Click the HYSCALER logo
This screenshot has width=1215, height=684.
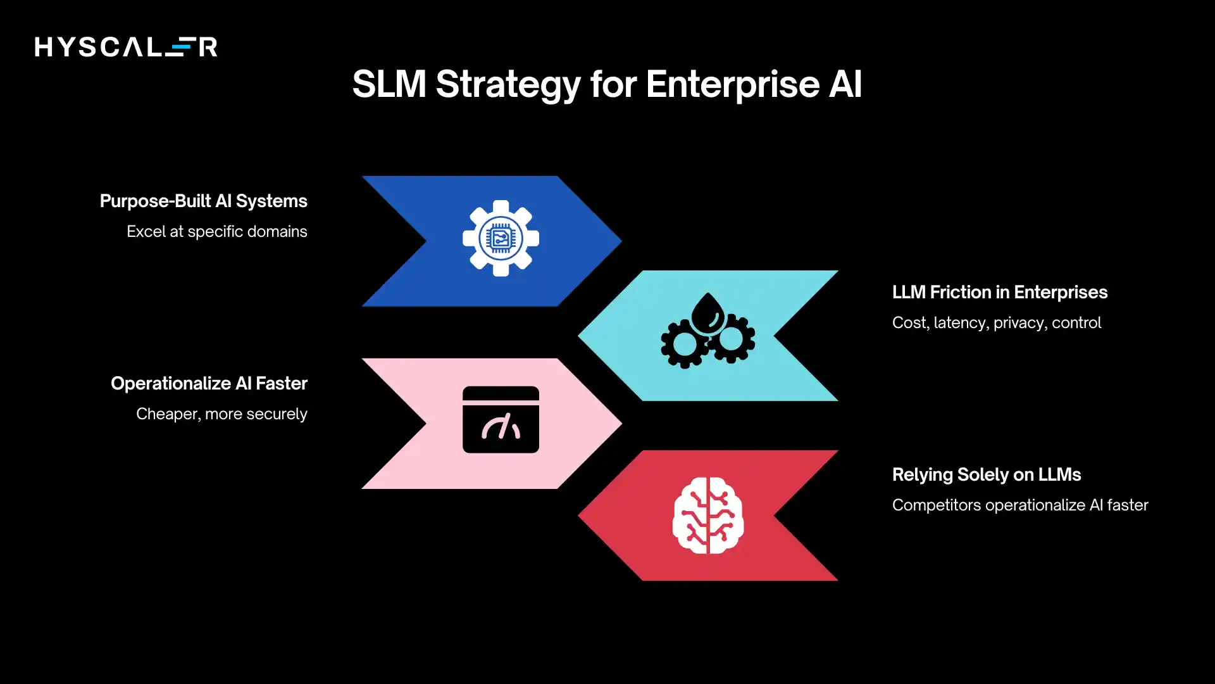pos(126,46)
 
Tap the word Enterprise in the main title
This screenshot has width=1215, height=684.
pos(732,84)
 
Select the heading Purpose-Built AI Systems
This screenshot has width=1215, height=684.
pos(203,201)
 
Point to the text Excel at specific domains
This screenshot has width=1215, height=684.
pos(216,231)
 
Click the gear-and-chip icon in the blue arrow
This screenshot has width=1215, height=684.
pos(501,238)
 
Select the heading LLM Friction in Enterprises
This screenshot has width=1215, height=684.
pos(999,292)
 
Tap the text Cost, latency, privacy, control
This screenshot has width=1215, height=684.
pos(996,322)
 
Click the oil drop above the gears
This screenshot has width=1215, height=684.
pos(707,312)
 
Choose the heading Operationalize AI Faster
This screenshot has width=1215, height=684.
pos(209,383)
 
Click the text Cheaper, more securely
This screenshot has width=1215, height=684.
pos(221,414)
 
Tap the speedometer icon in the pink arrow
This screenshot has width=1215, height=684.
pos(501,420)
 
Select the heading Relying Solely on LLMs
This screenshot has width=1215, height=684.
pos(986,474)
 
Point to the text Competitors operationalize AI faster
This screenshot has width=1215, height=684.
pos(1019,505)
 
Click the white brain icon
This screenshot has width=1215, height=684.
pos(707,516)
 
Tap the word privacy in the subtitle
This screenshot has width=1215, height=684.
pos(1018,323)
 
